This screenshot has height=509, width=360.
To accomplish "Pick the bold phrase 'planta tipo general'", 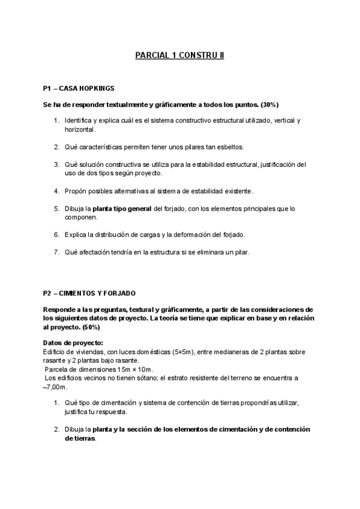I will coord(122,208).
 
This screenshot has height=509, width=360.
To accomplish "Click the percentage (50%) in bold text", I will coord(88,327).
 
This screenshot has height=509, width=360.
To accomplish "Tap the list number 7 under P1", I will coord(57,251).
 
